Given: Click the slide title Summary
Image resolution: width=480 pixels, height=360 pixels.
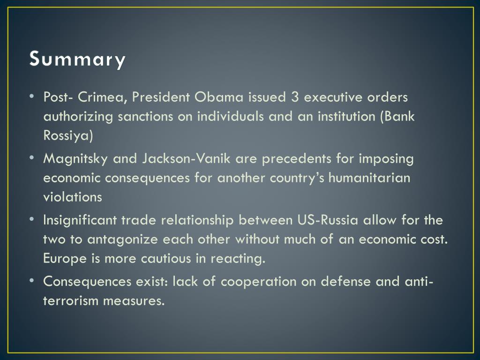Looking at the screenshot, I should (x=77, y=60).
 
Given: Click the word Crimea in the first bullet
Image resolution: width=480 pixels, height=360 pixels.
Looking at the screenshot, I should (x=103, y=97).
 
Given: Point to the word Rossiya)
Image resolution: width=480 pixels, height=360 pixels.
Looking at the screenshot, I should (x=68, y=136).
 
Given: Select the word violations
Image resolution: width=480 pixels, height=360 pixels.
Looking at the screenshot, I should (x=73, y=197).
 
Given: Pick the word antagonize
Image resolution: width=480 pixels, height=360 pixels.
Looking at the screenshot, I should (x=123, y=240).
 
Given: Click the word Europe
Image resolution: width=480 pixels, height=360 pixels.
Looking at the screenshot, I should (x=60, y=258).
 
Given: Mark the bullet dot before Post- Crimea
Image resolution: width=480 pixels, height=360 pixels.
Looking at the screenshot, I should (x=31, y=97).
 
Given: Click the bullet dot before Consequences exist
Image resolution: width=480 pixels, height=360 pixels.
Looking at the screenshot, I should (x=31, y=281).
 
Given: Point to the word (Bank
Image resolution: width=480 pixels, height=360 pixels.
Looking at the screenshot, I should (x=397, y=117).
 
